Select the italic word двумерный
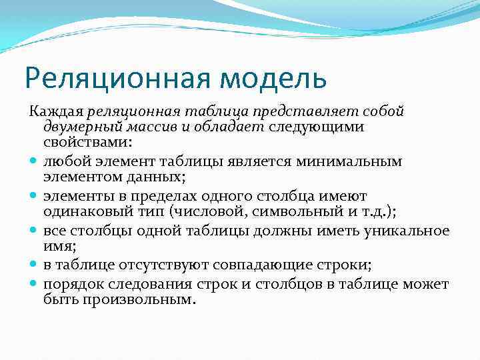[81, 127]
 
